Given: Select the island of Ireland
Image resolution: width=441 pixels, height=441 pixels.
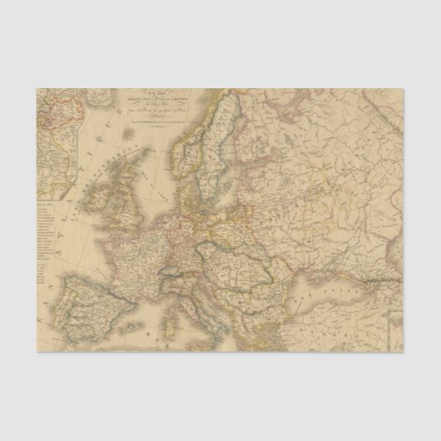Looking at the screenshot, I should point(98,198).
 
